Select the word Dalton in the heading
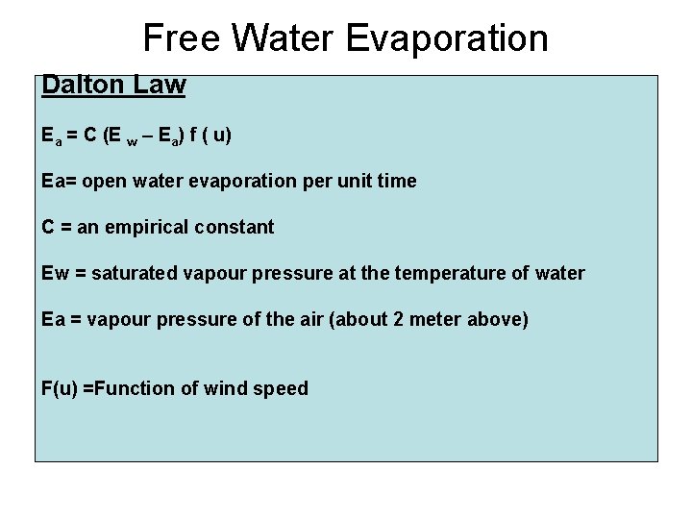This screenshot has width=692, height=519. point(84,85)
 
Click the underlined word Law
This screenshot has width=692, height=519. point(160,85)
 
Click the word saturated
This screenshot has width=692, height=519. point(139,274)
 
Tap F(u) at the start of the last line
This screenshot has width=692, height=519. point(61,389)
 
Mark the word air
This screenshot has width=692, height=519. point(311,320)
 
